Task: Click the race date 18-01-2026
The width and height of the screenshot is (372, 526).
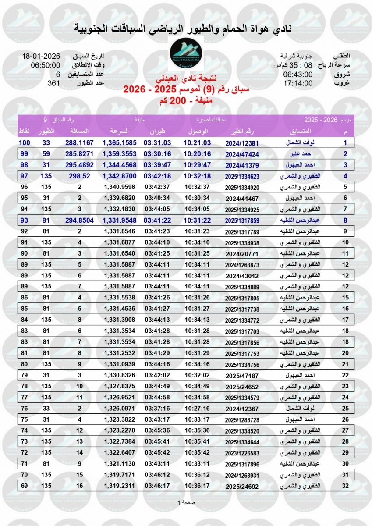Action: coord(42,56)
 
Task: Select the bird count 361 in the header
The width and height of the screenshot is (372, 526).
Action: coord(53,83)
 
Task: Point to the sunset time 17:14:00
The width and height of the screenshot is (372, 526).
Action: coord(298,83)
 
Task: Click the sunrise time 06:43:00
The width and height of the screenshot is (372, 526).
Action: coord(298,74)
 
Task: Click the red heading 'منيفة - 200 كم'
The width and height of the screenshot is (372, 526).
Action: coord(186,100)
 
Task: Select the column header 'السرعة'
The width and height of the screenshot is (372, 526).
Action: coord(118,131)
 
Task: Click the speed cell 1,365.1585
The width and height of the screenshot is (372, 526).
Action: coord(120,142)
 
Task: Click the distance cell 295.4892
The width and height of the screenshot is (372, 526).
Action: coord(80,165)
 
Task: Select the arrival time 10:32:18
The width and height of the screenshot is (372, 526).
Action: coord(197,176)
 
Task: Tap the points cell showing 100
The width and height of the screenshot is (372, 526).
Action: coord(24,142)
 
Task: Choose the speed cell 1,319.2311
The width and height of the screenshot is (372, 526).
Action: coord(120,486)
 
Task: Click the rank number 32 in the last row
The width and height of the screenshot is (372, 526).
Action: coord(345,486)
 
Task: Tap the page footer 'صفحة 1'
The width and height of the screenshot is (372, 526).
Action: coord(186,503)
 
